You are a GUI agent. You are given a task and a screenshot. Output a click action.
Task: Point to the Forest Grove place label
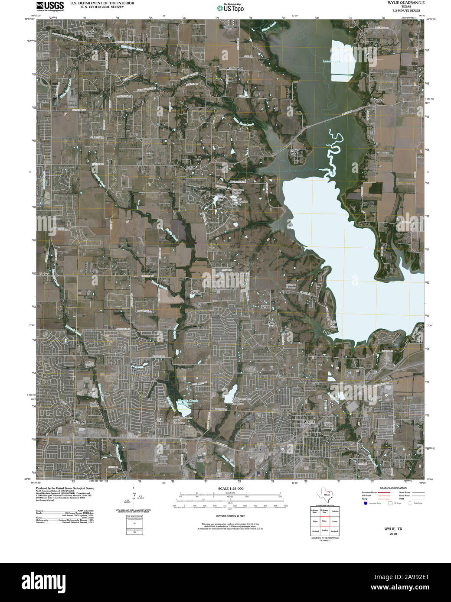89,33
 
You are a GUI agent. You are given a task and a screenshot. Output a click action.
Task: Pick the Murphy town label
80,421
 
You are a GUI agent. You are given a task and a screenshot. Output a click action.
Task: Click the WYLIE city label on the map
308,421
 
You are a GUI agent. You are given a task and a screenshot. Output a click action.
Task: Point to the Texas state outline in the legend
325,494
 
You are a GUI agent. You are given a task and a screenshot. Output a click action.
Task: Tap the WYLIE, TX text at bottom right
393,529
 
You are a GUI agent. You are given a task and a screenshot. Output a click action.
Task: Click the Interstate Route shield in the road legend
366,503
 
